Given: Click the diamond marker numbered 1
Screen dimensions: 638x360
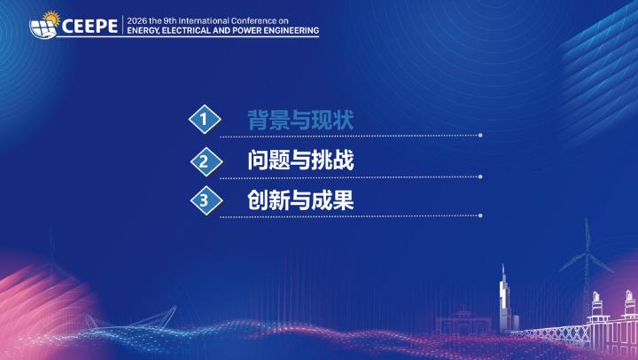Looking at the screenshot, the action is pos(205,120).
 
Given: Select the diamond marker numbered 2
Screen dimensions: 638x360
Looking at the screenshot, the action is pos(206,161).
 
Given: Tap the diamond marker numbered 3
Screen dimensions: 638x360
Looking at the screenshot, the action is pos(206,200).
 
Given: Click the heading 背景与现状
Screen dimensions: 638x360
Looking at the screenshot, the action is pos(300,120).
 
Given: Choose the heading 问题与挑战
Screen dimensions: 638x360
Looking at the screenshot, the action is pos(300,160).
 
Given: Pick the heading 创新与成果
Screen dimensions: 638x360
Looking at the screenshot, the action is pos(300,200).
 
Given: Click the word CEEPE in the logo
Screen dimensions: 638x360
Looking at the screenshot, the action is pos(89,27).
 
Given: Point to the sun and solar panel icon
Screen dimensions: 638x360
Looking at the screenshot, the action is pos(44,25).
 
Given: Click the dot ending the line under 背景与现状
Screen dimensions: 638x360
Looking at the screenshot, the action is pos(480,135).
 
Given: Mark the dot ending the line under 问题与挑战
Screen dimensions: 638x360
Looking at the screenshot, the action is pos(480,176).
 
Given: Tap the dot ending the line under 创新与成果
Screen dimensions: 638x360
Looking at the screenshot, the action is pos(480,215).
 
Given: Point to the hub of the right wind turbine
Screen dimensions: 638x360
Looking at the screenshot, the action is pos(587,255).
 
